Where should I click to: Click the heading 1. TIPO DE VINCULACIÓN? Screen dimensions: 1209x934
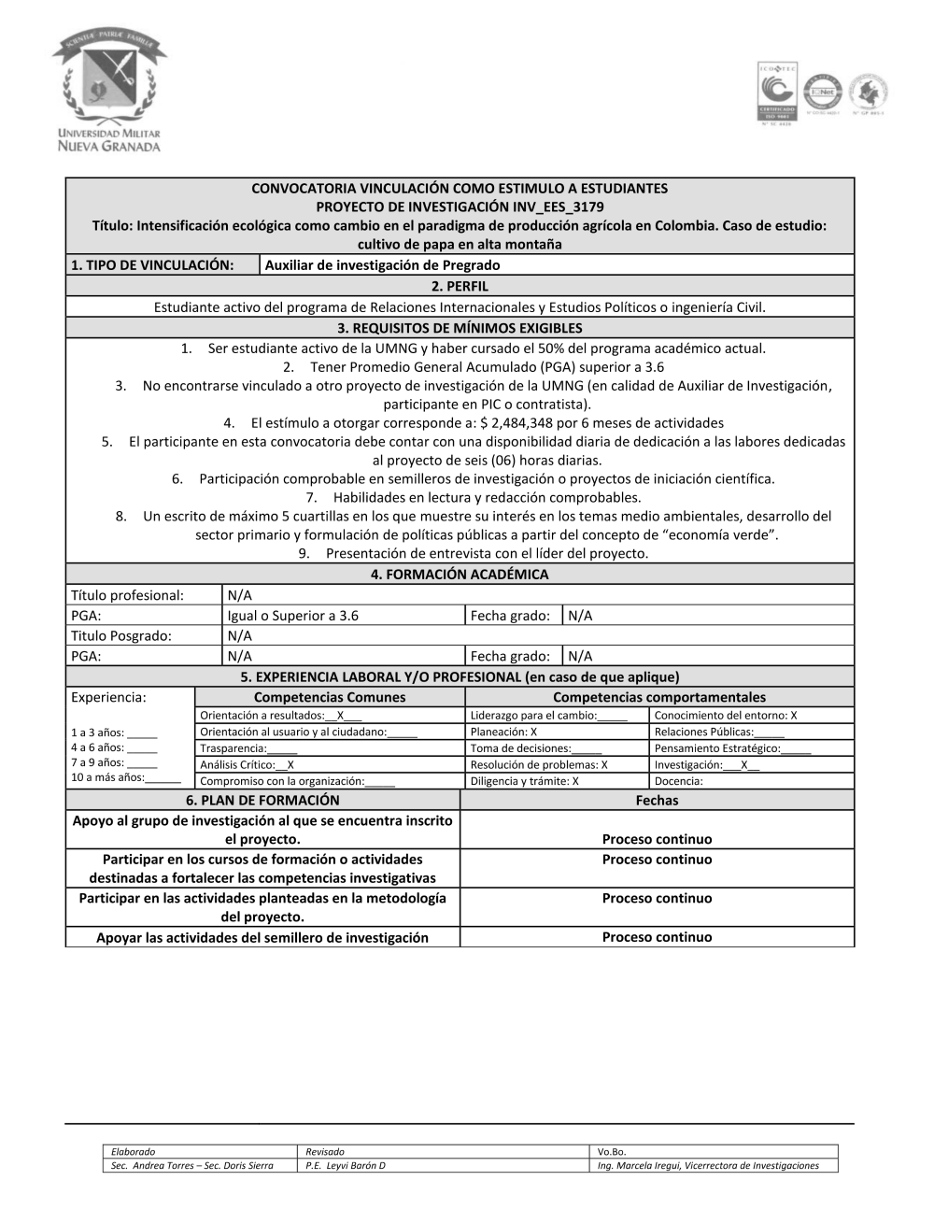152,265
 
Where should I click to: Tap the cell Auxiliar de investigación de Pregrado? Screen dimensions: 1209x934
382,265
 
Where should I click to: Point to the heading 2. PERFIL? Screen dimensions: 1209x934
460,286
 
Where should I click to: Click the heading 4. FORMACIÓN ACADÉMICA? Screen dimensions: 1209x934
460,575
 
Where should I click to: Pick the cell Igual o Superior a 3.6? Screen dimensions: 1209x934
293,616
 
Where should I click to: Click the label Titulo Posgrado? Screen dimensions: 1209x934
121,636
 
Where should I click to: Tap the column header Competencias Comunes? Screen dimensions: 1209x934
330,697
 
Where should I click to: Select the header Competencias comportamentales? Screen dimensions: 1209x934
658,697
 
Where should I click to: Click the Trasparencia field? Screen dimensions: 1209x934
248,748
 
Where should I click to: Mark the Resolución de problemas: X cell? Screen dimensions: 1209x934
539,764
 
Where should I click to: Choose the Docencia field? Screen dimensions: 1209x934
679,781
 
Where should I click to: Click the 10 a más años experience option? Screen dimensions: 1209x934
126,777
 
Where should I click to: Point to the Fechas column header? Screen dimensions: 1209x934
657,801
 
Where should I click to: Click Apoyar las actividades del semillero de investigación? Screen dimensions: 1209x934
262,937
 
